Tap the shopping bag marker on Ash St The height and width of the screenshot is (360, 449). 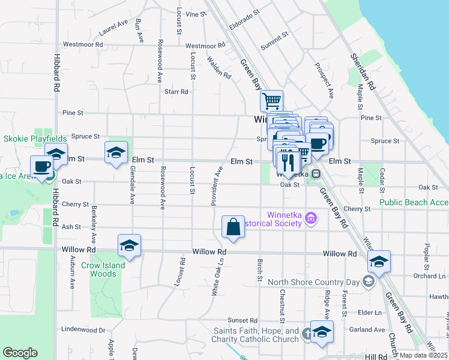[233, 227]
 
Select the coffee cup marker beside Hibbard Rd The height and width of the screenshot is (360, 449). [41, 166]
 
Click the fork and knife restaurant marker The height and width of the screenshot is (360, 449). [288, 161]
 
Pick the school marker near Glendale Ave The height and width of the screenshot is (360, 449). [116, 152]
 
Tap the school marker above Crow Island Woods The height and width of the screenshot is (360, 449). [129, 245]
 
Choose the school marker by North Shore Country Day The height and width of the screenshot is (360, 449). [379, 261]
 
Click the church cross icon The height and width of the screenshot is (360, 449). [307, 334]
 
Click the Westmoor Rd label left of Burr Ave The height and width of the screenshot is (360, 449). [83, 44]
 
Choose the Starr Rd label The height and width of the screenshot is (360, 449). [176, 92]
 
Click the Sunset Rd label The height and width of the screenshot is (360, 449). [242, 321]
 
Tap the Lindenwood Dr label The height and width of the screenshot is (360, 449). [83, 329]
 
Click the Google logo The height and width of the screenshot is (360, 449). [20, 353]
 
